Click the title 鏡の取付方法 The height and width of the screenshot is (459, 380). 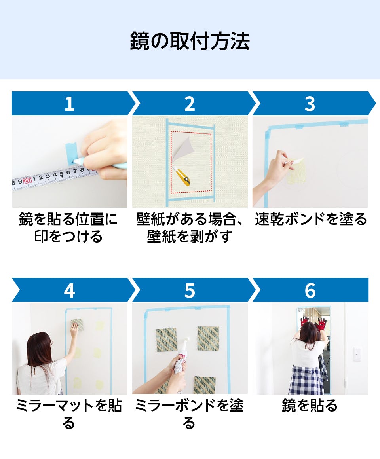coord(190,41)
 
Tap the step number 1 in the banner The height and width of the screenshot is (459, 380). coord(69,104)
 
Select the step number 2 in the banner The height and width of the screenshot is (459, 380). coord(190,104)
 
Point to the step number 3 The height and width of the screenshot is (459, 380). coord(310,104)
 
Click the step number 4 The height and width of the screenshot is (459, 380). coord(69,290)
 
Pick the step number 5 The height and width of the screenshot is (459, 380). coord(190,290)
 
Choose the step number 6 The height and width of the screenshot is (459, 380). coord(310,290)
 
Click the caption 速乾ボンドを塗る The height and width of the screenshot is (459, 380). coord(311,219)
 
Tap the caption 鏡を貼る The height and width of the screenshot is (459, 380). coord(310,406)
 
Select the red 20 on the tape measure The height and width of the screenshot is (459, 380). coord(27,181)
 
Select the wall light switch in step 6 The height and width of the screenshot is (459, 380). coord(357,353)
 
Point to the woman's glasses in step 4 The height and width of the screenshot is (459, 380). coord(51,343)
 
